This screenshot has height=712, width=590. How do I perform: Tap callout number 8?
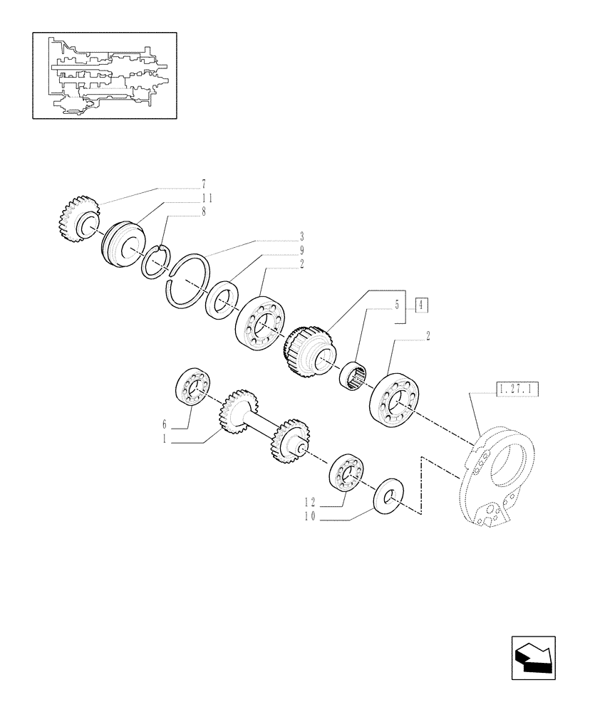[203, 211]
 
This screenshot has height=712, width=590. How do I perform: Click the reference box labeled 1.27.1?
[518, 389]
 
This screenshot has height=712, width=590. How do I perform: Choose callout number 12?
[308, 502]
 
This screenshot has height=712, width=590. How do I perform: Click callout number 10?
[308, 520]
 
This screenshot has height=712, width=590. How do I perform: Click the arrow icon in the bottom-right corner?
[535, 653]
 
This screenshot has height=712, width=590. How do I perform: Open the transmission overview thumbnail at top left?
[104, 75]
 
